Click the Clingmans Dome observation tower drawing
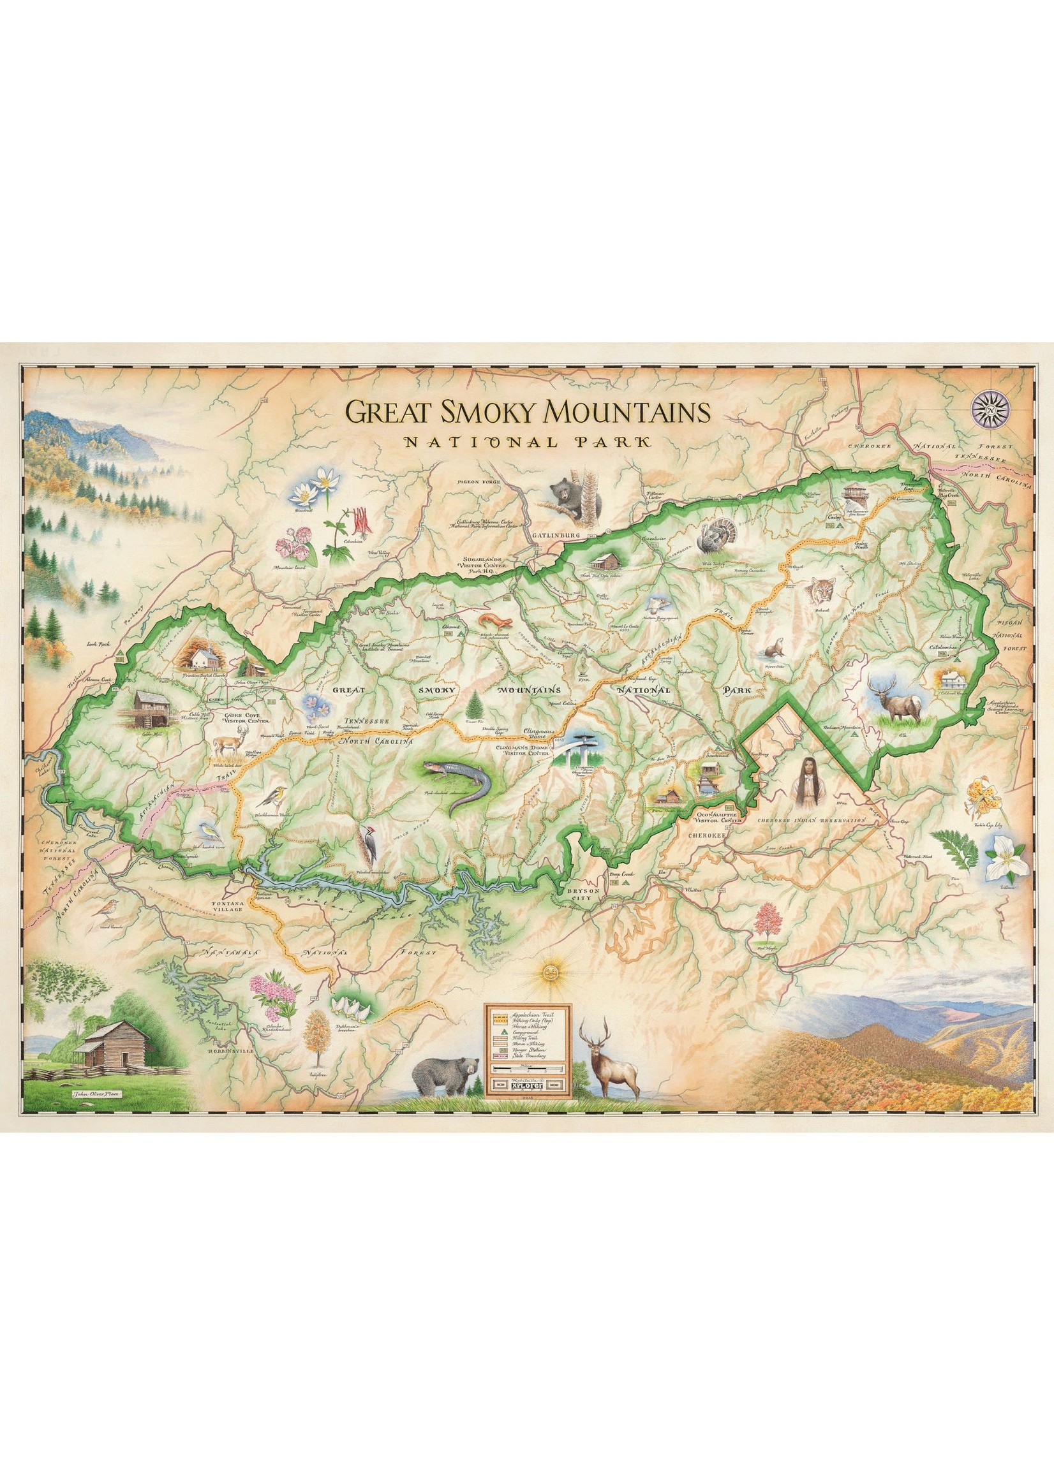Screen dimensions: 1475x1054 tap(579, 754)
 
